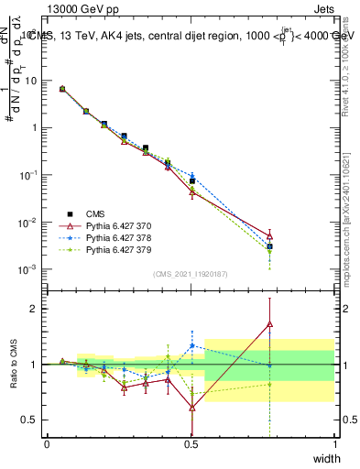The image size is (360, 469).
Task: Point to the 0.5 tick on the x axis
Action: [191, 444]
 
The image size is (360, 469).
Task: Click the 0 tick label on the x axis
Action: [47, 444]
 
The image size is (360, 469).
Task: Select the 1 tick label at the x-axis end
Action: [335, 444]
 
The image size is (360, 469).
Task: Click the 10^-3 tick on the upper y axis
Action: [28, 269]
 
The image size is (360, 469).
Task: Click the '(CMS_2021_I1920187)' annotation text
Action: [191, 274]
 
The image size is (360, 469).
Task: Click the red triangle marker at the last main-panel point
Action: [269, 235]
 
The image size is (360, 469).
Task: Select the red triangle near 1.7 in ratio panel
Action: [269, 323]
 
